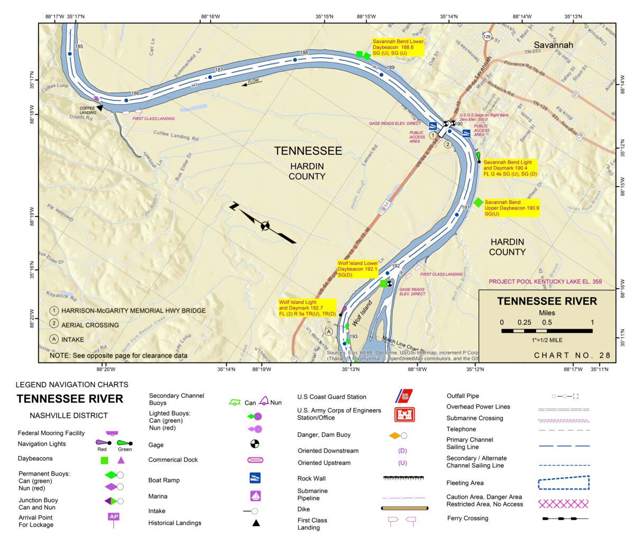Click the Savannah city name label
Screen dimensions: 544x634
553,45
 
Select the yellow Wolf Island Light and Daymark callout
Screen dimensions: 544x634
307,308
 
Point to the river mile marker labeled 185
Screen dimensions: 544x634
79,47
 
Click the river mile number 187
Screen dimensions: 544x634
219,70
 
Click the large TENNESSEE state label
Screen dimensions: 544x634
308,151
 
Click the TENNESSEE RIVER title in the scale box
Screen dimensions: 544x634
547,301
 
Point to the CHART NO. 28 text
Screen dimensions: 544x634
572,356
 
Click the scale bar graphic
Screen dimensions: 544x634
547,331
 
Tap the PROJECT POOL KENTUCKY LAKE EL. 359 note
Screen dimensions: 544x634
545,282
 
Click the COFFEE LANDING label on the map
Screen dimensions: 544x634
88,110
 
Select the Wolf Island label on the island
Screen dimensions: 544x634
363,313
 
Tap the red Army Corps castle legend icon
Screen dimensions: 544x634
404,414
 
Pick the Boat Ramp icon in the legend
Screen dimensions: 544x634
255,478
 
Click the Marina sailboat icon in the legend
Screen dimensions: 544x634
255,496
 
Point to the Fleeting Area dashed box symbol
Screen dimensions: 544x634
564,483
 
